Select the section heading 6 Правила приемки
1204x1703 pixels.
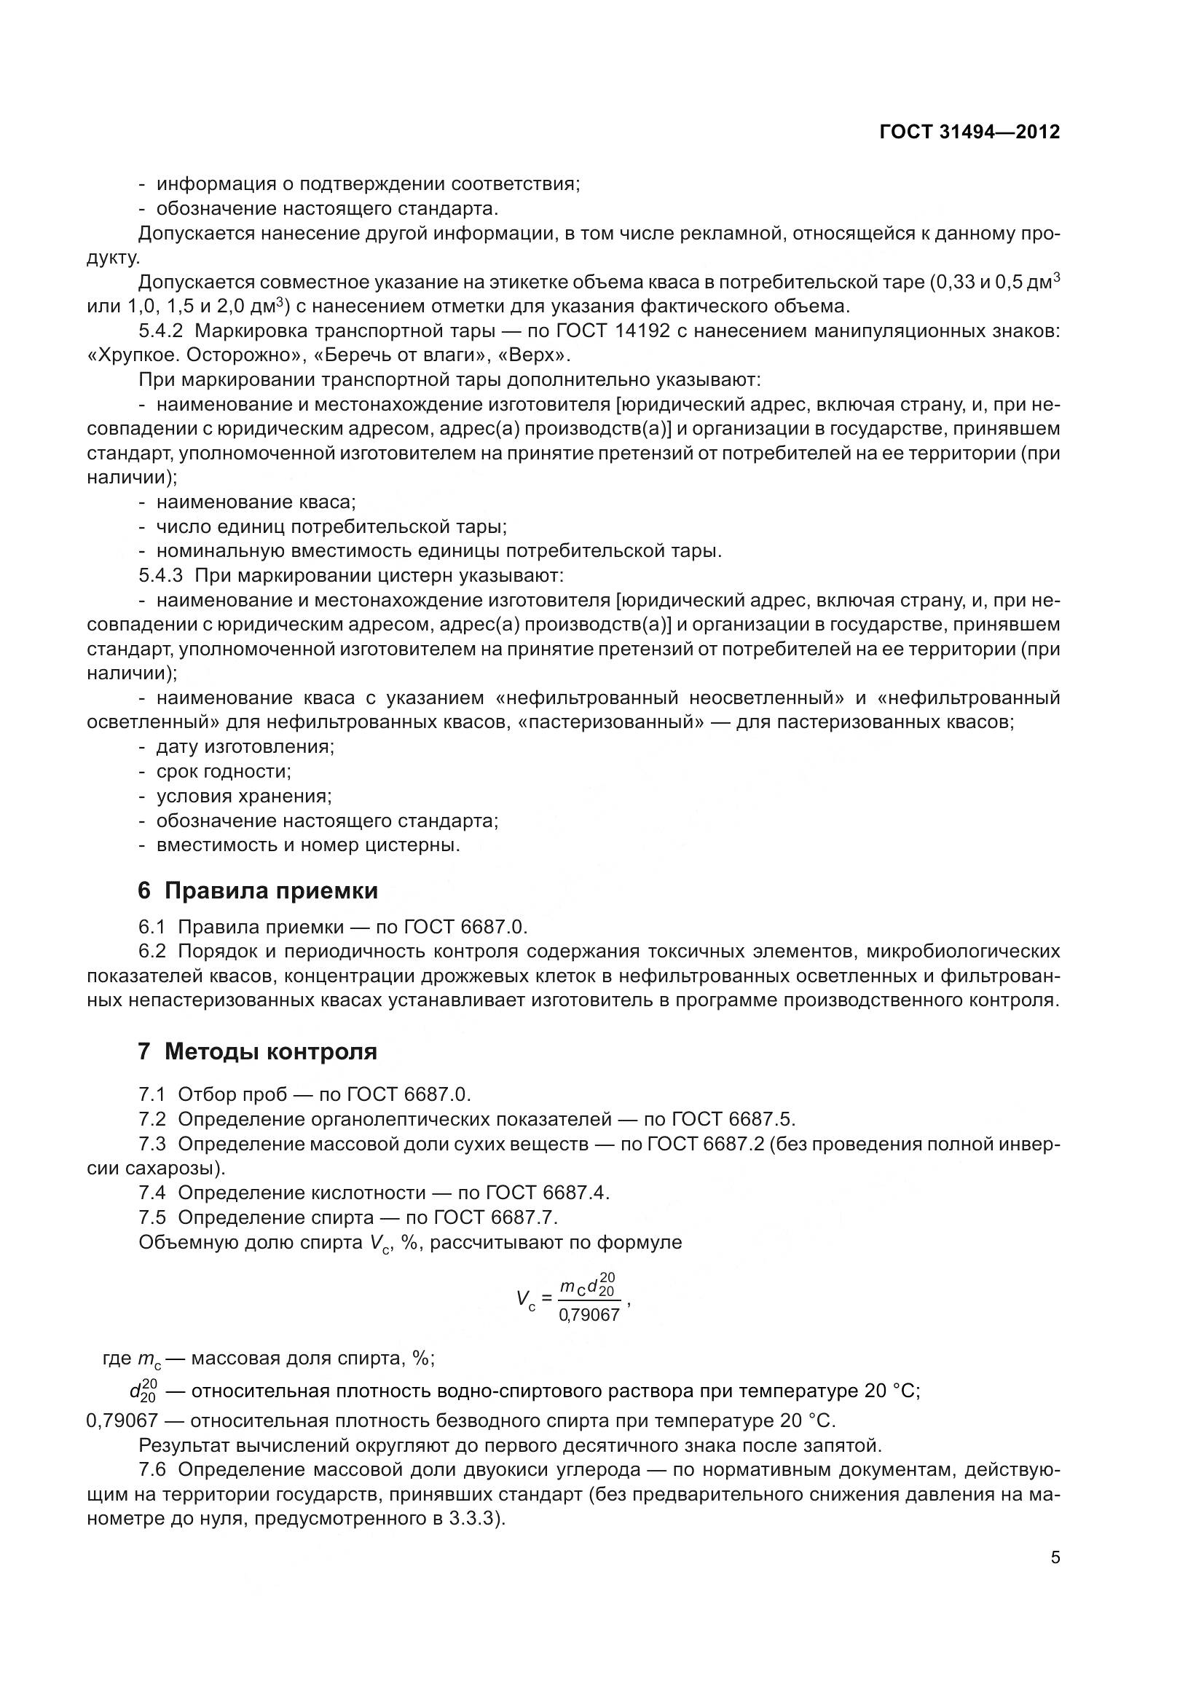pyautogui.click(x=257, y=890)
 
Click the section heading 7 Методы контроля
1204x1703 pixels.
pyautogui.click(x=257, y=1052)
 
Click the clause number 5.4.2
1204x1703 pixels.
pyautogui.click(x=160, y=331)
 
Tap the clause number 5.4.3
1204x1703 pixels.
pyautogui.click(x=160, y=576)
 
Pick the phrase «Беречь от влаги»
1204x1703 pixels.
pyautogui.click(x=404, y=356)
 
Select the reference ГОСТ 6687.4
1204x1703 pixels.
pyautogui.click(x=547, y=1193)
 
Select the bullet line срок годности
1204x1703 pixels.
pyautogui.click(x=224, y=771)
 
